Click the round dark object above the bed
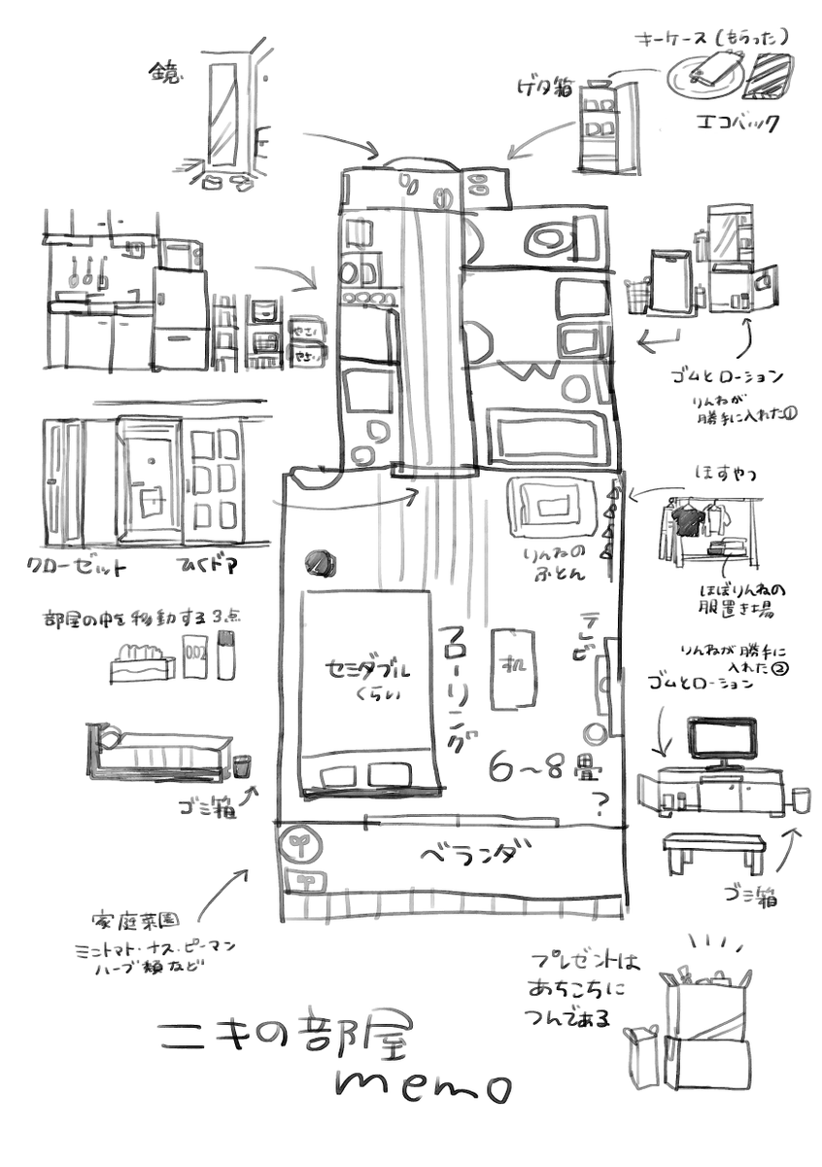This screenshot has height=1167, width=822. pyautogui.click(x=319, y=563)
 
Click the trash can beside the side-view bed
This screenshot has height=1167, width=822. pyautogui.click(x=242, y=766)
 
